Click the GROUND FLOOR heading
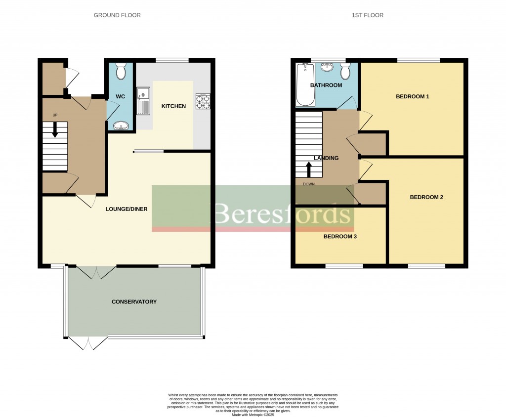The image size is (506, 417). point(117,15)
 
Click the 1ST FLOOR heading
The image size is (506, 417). point(367,15)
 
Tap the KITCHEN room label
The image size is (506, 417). point(173,106)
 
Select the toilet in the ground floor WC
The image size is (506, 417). point(120,72)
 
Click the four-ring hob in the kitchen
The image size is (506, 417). point(203,101)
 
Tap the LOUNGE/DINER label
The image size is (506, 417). point(126,209)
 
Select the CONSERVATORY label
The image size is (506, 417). point(134,302)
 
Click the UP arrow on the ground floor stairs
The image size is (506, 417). point(55,129)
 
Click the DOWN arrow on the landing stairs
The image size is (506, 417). point(309,170)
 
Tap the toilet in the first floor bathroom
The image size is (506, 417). point(345,72)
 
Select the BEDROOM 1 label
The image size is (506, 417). point(412,96)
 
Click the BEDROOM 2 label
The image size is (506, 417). point(426,197)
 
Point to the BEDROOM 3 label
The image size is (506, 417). point(340,237)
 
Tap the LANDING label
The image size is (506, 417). point(326,158)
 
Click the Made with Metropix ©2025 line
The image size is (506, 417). point(253,415)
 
